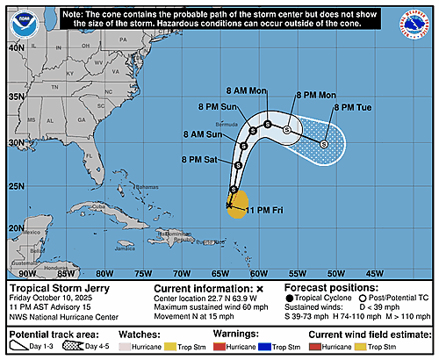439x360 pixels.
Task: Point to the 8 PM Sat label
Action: coord(198,159)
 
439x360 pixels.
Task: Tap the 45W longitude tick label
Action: coord(374,272)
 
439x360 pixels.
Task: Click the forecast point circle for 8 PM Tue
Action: coord(323,144)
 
